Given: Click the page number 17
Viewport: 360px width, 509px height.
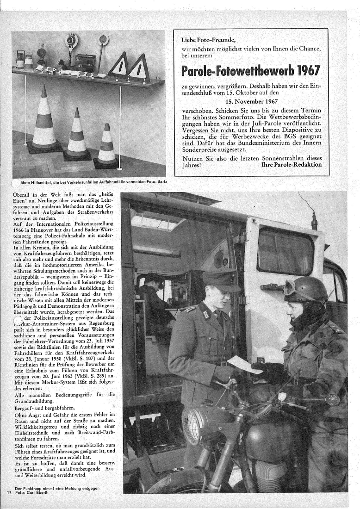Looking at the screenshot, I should coord(9,492).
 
